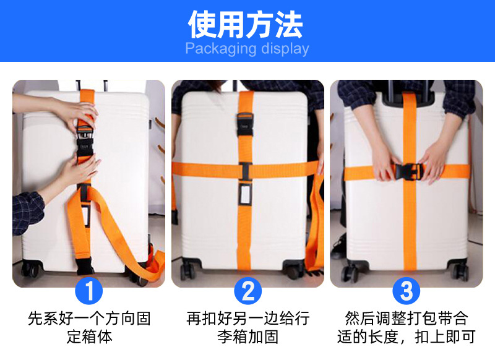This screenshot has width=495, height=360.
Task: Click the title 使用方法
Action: point(246,24)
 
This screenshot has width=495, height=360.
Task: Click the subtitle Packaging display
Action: point(247,49)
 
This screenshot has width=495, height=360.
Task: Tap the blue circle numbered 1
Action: point(88,290)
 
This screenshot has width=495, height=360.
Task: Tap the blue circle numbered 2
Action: point(247,290)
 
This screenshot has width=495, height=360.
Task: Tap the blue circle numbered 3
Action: point(406,290)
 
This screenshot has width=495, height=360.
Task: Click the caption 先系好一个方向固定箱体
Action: point(89,328)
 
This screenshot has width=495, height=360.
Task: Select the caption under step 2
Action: point(247,328)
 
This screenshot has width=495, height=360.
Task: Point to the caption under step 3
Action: point(406,328)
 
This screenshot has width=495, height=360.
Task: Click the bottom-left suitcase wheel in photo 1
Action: point(29,270)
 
